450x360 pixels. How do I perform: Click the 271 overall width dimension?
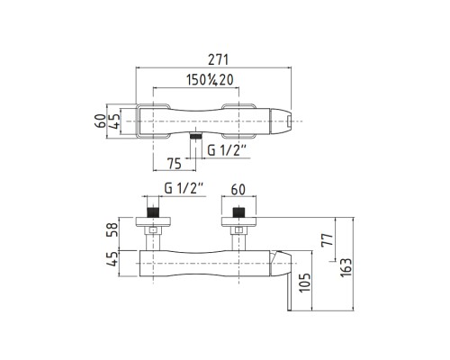pos(219,59)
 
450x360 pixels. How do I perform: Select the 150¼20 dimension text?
pos(210,80)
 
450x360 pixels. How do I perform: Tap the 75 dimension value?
pos(174,164)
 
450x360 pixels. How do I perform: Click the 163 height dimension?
pos(346,267)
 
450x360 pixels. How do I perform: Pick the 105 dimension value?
pos(305,282)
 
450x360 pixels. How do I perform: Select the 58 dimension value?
pos(112,229)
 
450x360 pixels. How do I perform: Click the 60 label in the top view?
pos(101,121)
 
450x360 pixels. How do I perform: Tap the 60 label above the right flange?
pos(238,189)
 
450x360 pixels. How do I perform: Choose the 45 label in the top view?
pos(113,121)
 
